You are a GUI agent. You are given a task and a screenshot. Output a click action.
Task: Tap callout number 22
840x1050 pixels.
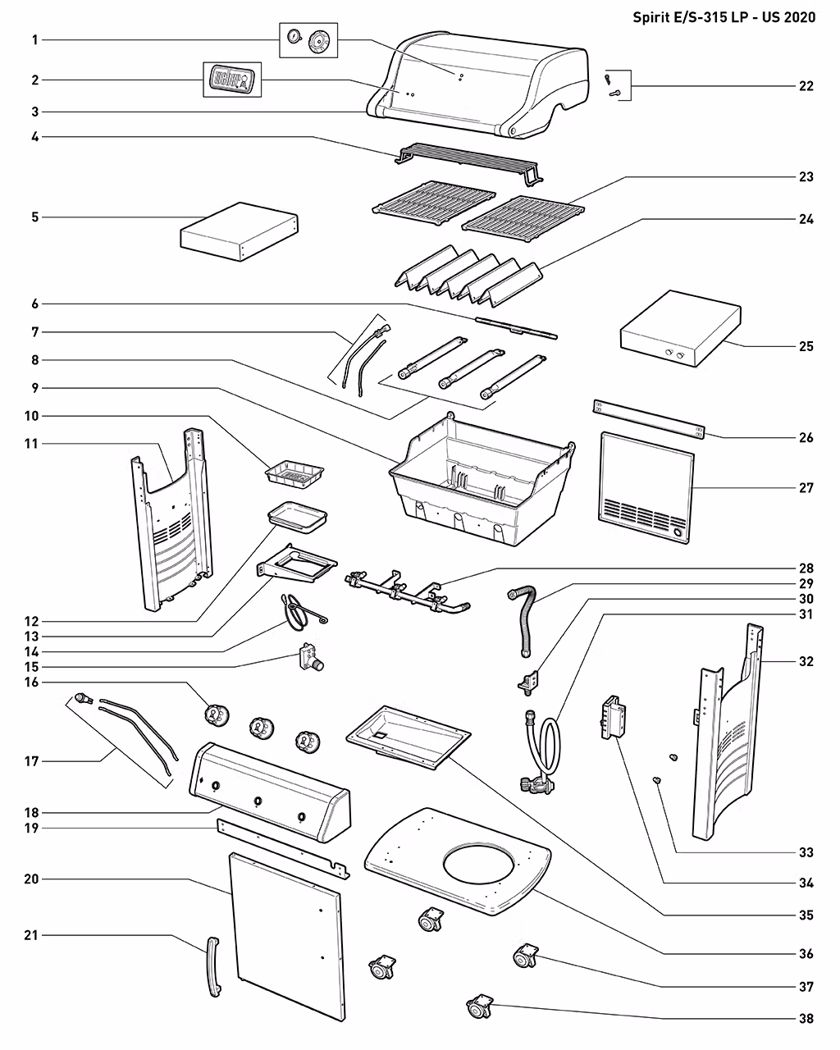806,86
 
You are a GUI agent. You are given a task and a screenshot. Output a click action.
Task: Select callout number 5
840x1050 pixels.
34,217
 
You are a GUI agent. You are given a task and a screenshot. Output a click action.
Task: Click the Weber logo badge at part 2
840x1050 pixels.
232,79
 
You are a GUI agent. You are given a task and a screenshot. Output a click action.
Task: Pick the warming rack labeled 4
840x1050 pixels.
468,164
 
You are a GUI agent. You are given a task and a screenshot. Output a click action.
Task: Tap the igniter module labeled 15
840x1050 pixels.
310,657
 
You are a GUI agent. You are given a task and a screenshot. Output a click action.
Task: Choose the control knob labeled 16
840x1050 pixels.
217,715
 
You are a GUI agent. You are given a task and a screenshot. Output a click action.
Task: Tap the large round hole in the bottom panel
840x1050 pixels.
478,868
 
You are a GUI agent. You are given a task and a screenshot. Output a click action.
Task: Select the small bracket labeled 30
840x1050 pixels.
527,681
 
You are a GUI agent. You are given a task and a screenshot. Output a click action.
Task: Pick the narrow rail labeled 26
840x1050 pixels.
649,420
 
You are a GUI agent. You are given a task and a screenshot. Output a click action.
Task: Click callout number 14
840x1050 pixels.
31,651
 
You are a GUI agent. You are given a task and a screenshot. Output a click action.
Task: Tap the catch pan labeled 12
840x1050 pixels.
297,517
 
